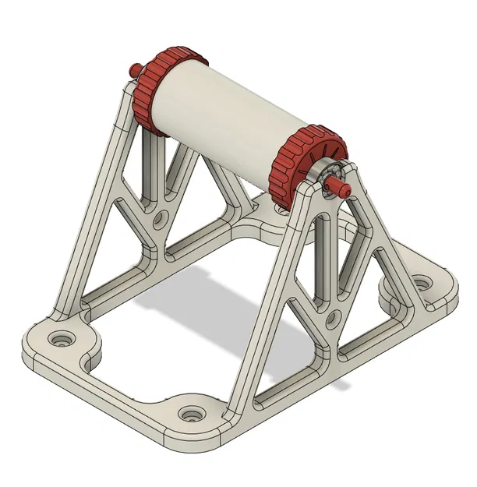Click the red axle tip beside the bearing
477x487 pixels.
pos(341,186)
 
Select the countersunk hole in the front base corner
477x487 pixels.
pos(191,413)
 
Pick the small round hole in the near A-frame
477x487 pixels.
pos(331,316)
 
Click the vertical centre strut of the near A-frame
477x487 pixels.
pos(330,265)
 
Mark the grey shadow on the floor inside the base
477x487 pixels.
pos(234,312)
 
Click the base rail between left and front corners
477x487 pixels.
pos(117,382)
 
